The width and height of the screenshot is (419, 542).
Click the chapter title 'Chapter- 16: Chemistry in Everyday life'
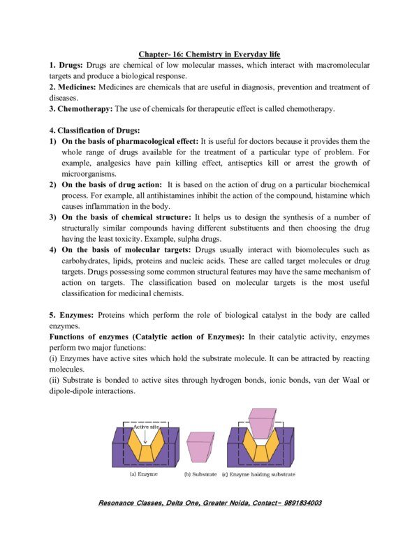click(x=209, y=53)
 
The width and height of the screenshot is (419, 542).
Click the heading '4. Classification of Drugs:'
click(x=94, y=131)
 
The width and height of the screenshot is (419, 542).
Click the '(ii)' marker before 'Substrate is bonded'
click(x=56, y=381)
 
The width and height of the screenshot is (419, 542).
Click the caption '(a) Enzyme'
click(x=143, y=474)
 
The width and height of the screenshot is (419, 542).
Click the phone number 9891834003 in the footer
click(x=293, y=503)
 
